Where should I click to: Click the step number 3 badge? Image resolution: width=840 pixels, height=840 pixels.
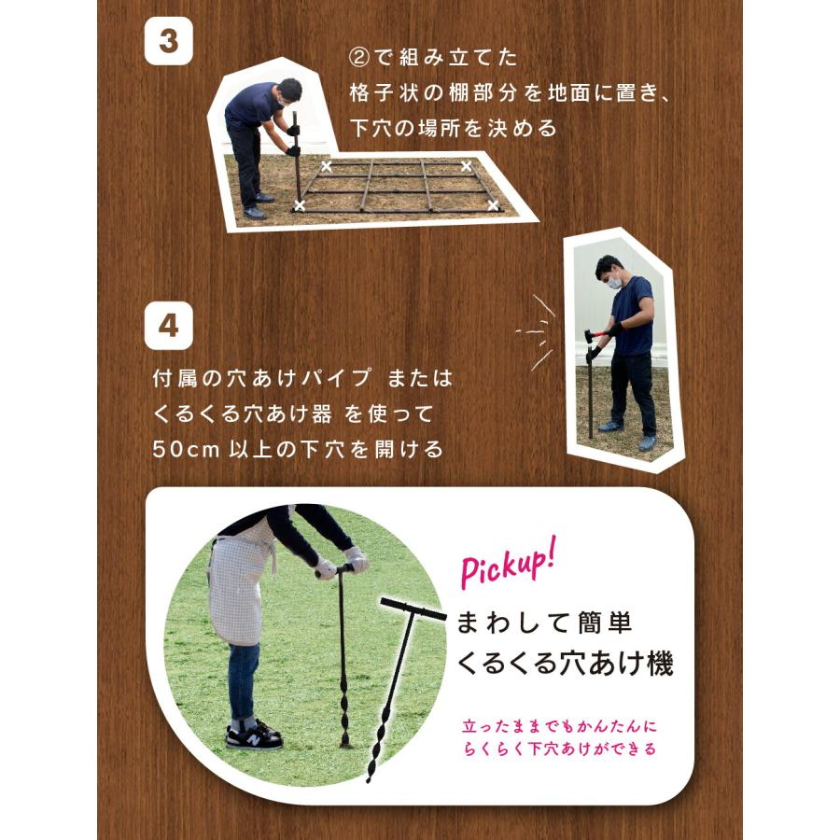coord(169,41)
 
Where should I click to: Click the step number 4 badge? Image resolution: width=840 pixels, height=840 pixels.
coord(169,325)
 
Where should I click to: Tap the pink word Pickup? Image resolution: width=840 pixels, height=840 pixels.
coord(508,564)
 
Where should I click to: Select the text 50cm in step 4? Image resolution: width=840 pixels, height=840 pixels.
coord(186,450)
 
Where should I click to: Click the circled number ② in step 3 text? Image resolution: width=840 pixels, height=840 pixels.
coord(358,57)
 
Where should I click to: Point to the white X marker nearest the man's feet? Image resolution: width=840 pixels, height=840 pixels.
coord(300,205)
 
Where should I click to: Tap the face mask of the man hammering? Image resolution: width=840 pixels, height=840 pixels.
coord(614,282)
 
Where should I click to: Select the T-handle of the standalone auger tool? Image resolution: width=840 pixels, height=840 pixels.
coord(413,609)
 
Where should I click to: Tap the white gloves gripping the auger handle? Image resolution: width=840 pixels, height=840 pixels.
coord(342,564)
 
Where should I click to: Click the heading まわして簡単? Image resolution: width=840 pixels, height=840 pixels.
coord(545,623)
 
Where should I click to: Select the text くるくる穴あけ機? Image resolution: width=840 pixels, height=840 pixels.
coord(565,663)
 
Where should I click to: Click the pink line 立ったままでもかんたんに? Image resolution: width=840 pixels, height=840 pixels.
coord(559,726)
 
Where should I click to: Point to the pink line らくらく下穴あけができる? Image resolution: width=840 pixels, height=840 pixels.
coord(559,749)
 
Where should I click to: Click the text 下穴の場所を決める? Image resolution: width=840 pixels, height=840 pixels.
coord(454,129)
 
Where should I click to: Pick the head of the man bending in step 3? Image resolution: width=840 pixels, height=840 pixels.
coord(287,91)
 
